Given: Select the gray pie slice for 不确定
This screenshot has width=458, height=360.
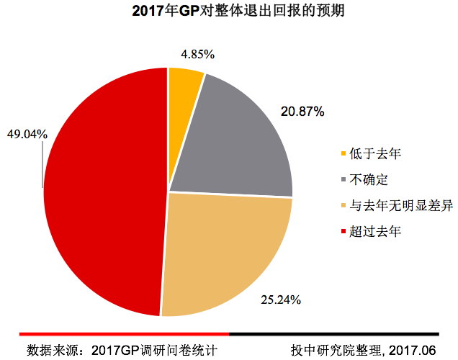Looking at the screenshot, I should [x=238, y=137].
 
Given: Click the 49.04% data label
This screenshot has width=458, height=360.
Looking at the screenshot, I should [x=27, y=134].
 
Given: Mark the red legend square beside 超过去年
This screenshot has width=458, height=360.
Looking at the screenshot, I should [x=342, y=232].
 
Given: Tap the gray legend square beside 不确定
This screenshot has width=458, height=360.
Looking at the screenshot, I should [x=342, y=179].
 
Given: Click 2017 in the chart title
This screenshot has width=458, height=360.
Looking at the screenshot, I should [x=148, y=12].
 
